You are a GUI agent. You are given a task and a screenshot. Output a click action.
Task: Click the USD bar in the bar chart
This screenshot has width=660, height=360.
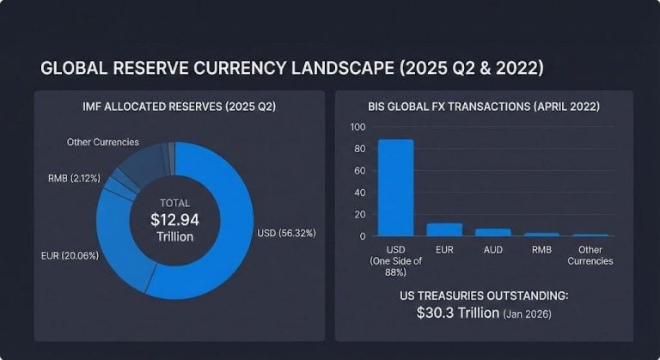point(395,187)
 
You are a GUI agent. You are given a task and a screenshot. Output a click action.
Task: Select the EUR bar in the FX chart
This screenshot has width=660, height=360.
point(444,229)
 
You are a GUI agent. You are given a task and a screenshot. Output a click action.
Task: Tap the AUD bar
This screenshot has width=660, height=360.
point(493,232)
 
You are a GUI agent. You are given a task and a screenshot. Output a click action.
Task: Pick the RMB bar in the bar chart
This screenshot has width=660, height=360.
point(541,234)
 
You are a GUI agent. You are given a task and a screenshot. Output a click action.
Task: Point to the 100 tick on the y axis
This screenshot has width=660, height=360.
point(358,127)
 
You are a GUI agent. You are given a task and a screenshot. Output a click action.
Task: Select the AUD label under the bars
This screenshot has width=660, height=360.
point(493,250)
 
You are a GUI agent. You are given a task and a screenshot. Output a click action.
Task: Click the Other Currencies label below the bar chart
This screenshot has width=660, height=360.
point(591,255)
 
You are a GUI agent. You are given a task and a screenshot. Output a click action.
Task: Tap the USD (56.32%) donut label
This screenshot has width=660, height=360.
point(289,232)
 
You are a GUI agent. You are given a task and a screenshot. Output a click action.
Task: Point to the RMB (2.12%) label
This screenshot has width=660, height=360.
point(75,178)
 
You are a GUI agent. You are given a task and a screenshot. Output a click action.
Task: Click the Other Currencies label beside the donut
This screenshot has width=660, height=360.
point(103,142)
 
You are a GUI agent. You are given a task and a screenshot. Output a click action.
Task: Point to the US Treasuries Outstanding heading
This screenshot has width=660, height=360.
point(484,295)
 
